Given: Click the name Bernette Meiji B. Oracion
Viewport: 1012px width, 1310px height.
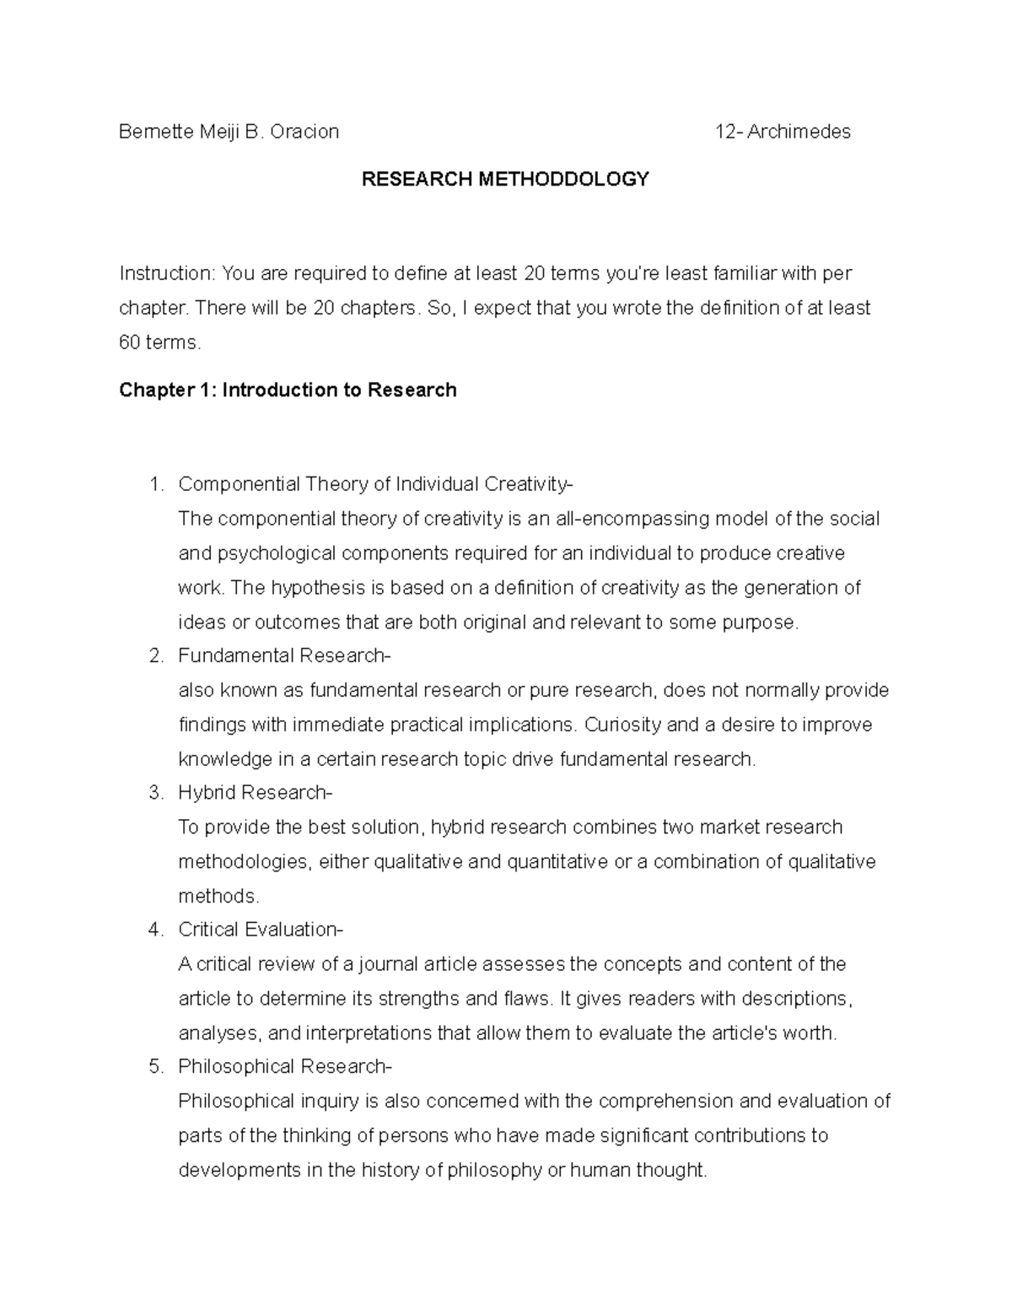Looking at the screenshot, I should click(229, 132).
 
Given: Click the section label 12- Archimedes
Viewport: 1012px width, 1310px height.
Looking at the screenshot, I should click(783, 132).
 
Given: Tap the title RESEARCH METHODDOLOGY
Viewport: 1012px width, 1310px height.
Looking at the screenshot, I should click(505, 179).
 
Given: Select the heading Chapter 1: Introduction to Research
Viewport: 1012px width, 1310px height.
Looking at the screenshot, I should click(288, 390).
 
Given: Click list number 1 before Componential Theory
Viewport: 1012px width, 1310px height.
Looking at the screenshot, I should click(154, 484).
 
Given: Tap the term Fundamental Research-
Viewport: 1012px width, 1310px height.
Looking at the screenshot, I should click(284, 655).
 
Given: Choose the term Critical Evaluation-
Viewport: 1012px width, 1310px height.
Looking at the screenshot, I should click(261, 930).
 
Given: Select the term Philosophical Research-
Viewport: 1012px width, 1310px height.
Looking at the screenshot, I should click(285, 1066).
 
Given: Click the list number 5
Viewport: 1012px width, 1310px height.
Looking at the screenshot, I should click(154, 1066).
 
